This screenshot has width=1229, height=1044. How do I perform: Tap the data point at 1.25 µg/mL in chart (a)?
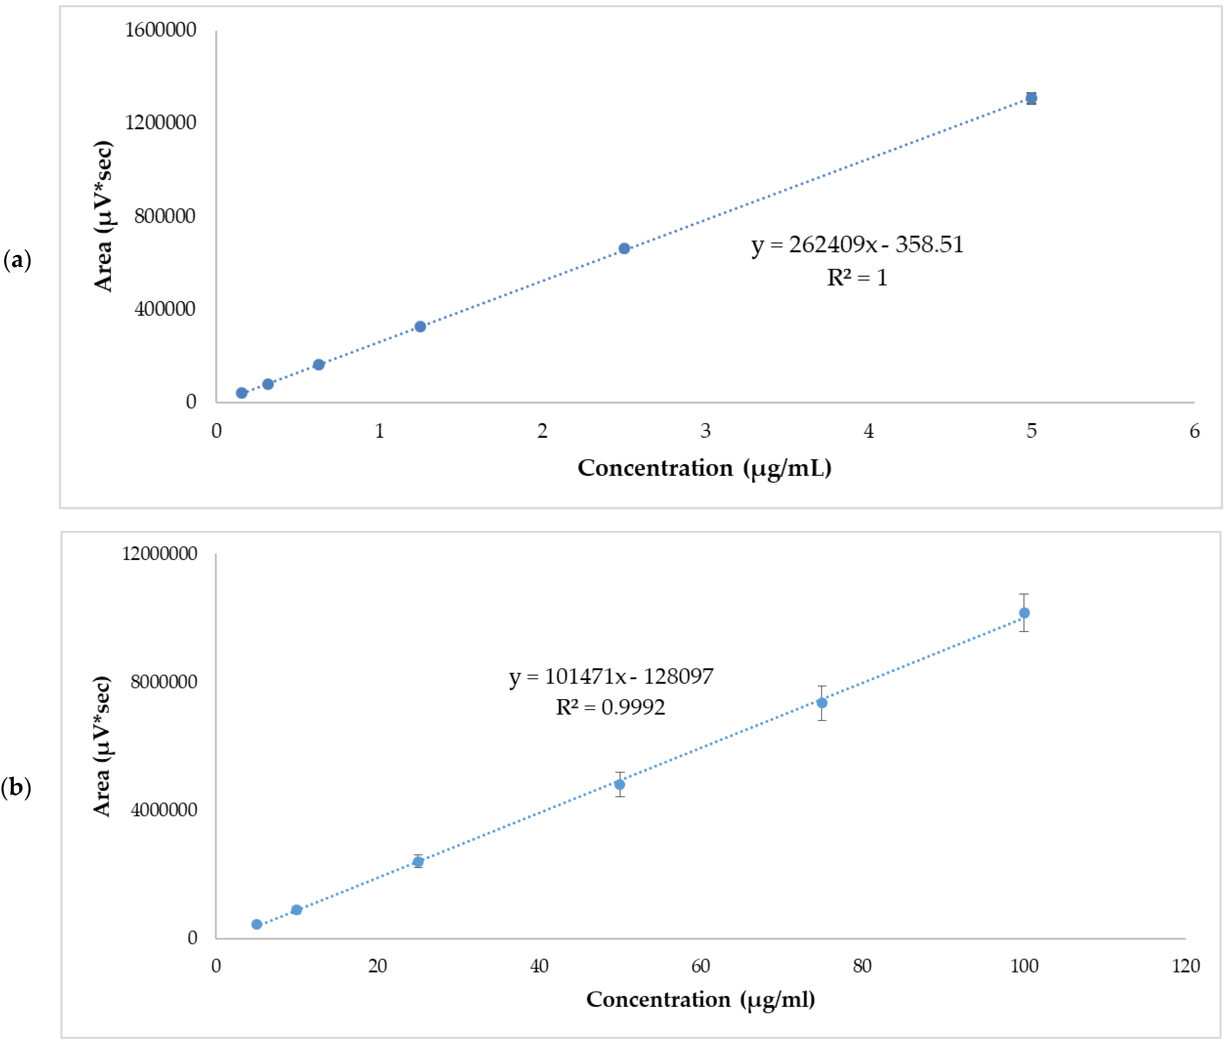[x=420, y=327]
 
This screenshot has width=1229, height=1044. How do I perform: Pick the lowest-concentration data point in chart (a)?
[x=241, y=393]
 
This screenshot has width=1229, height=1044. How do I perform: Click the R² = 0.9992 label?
[x=610, y=707]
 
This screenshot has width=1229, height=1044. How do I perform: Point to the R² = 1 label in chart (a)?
[x=857, y=277]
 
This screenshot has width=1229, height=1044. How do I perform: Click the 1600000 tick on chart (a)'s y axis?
[x=160, y=30]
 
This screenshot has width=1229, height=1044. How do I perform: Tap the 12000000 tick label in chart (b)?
[x=159, y=553]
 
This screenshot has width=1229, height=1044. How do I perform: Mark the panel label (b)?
[x=16, y=787]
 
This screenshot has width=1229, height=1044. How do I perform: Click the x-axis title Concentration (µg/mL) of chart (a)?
[x=704, y=468]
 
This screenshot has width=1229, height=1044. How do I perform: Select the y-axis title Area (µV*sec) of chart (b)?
[x=102, y=746]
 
